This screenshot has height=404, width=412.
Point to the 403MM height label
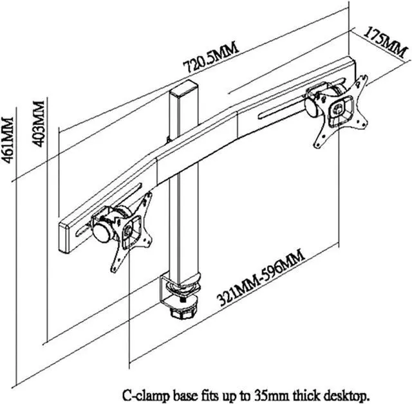click(40, 124)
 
